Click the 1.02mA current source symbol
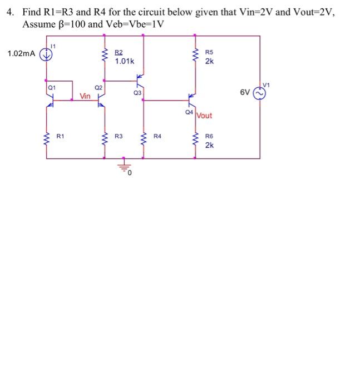[47, 54]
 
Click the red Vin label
[85, 96]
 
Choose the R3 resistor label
[119, 136]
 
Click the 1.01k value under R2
[124, 61]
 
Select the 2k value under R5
[209, 62]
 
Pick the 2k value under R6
[209, 145]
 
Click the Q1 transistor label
[51, 87]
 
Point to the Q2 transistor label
[98, 87]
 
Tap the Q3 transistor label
[137, 93]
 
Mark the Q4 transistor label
[189, 112]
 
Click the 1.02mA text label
[21, 54]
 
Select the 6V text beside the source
[245, 94]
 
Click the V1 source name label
[266, 84]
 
